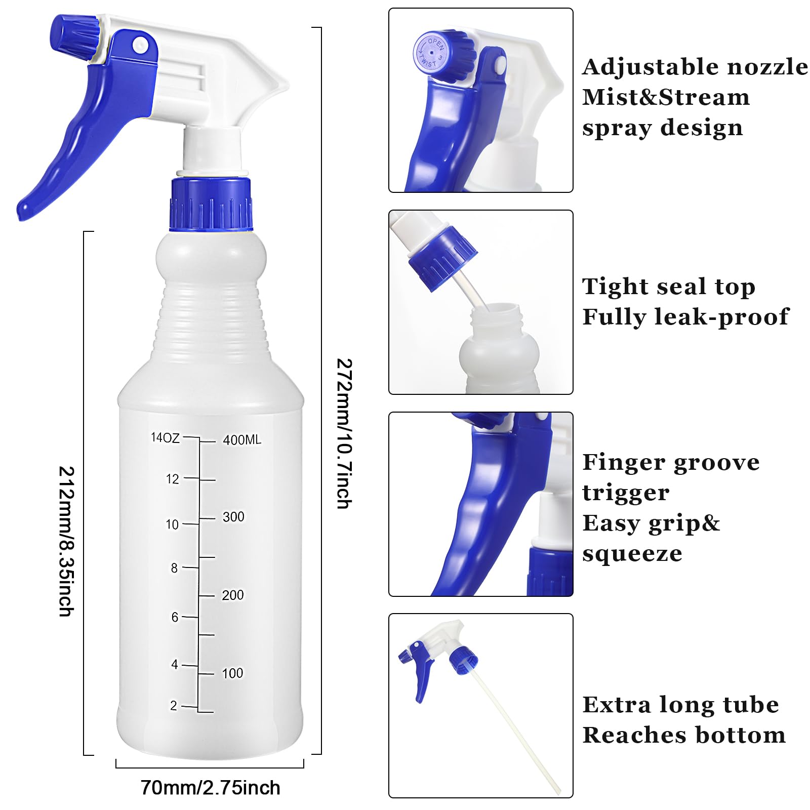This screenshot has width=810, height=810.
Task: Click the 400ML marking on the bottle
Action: [242, 440]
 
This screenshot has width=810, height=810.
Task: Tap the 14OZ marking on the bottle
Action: [165, 437]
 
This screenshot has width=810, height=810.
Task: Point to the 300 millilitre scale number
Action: [233, 517]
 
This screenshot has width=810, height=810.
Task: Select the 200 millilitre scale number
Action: [233, 595]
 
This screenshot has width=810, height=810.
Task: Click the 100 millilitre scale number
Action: [232, 673]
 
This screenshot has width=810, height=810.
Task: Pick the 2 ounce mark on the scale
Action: [174, 706]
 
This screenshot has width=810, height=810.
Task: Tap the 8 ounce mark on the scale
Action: [174, 568]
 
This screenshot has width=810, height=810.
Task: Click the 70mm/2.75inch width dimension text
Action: [210, 788]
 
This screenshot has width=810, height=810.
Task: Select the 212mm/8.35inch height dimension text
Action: [66, 541]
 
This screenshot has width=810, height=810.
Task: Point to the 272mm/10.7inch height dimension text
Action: [344, 433]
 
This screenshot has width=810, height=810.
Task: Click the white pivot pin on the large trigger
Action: [140, 45]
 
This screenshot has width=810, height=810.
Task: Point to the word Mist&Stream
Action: [666, 97]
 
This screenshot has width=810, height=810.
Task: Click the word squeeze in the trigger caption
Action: [632, 553]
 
